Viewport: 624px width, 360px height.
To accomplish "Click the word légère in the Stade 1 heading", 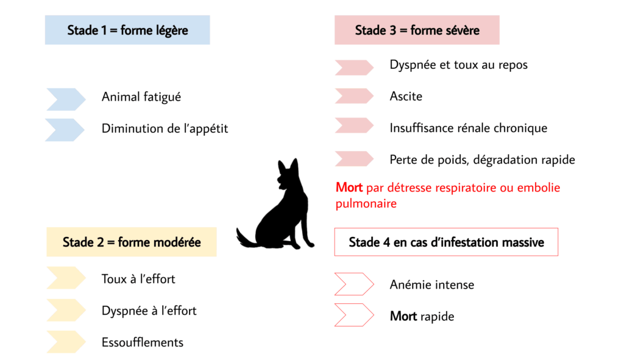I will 168,30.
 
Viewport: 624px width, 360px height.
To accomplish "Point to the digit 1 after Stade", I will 111,30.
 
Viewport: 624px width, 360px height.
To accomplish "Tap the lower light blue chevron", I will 65,129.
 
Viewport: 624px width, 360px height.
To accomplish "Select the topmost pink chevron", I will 354,67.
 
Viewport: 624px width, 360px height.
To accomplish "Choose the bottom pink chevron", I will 354,158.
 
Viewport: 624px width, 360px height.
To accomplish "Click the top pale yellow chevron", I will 66,278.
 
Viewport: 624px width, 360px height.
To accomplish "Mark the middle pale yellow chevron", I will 66,309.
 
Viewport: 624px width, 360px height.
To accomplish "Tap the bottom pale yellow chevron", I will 66,341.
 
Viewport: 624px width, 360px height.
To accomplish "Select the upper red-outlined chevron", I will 354,284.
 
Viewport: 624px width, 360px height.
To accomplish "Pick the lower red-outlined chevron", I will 354,315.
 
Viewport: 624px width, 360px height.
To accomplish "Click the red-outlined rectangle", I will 446,242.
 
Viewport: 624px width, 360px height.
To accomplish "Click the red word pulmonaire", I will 366,204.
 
